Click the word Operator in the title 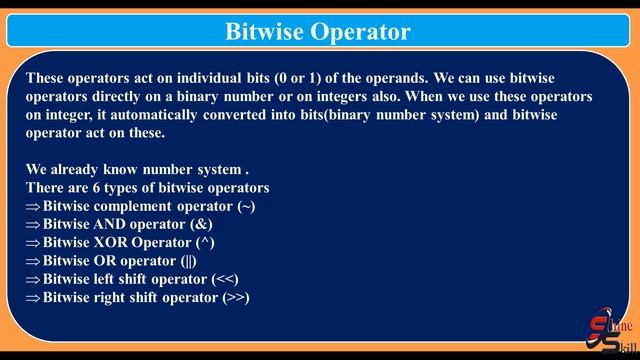pos(364,31)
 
